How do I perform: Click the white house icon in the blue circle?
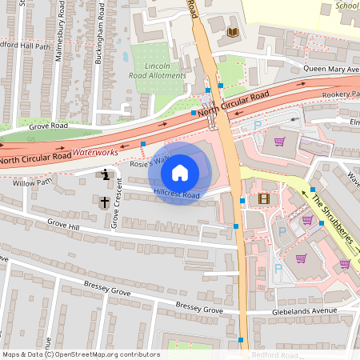[x=180, y=171]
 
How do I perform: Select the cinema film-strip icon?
[x=264, y=198]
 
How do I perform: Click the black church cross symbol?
[x=105, y=202]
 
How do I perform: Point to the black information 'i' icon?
[x=105, y=174]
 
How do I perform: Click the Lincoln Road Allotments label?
[x=158, y=70]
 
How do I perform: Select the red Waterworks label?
[x=95, y=150]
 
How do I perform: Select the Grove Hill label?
[x=63, y=226]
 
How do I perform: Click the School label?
[x=346, y=5]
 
